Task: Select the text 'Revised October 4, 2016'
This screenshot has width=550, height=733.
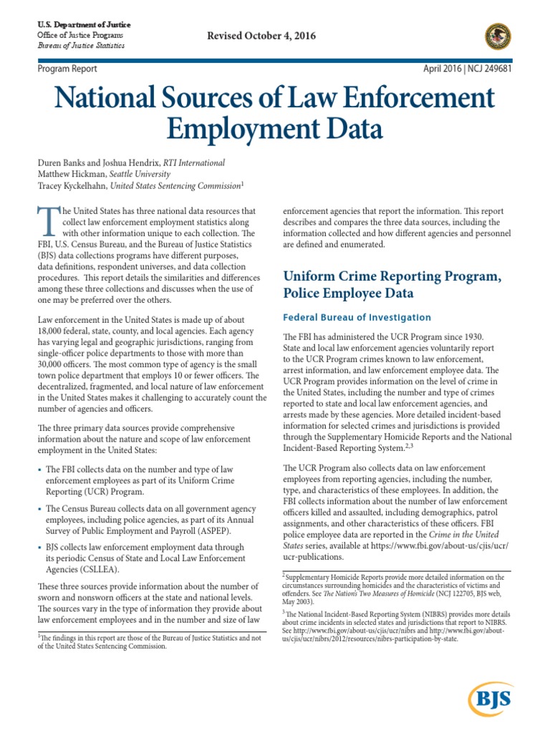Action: (261, 36)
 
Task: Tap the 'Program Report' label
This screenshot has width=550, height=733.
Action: (67, 69)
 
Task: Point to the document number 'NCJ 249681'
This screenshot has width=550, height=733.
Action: (487, 69)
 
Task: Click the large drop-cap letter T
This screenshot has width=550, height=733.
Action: (48, 221)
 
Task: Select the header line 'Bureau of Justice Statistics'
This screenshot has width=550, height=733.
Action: (80, 45)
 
